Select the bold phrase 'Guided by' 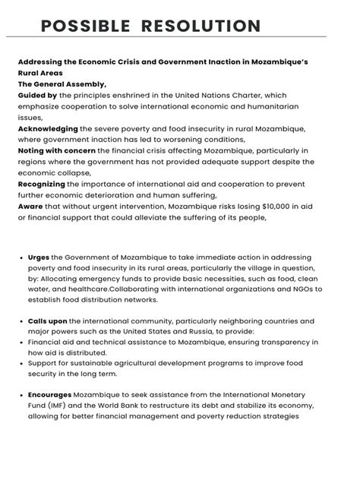pyautogui.click(x=37, y=96)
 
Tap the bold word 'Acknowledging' pyautogui.click(x=48, y=129)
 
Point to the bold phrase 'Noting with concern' pyautogui.click(x=57, y=151)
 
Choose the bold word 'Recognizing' pyautogui.click(x=42, y=184)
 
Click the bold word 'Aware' pyautogui.click(x=31, y=207)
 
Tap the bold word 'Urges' pyautogui.click(x=39, y=257)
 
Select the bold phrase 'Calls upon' pyautogui.click(x=48, y=321)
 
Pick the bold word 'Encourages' pyautogui.click(x=50, y=395)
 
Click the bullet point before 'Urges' pyautogui.click(x=21, y=257)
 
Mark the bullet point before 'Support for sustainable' pyautogui.click(x=21, y=364)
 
